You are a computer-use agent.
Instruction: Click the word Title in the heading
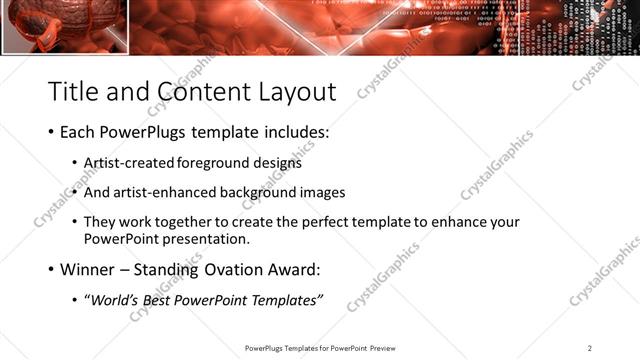75,91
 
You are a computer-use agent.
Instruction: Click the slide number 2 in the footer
590,348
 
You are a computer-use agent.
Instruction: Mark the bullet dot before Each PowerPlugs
51,132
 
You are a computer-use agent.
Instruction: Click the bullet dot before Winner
51,269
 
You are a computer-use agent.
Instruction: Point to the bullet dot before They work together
76,222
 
